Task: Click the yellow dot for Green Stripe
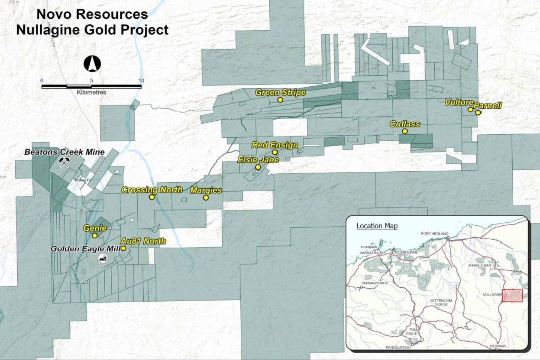pos(280,100)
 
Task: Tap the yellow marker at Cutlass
pos(405,131)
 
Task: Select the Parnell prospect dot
pos(478,112)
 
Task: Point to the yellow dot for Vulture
pos(470,109)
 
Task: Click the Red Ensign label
pos(275,145)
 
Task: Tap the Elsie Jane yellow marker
pos(258,167)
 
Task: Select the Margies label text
pos(206,190)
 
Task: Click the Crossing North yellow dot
pos(152,197)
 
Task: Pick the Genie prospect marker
pos(95,235)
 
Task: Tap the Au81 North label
pos(143,241)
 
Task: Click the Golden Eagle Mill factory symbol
pos(103,258)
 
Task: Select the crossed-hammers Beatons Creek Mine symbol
pos(64,162)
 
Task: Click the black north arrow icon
pos(92,64)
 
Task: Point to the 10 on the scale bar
pos(141,81)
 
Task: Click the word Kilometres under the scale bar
pos(91,92)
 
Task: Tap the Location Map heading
pos(376,226)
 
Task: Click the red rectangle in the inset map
pos(512,295)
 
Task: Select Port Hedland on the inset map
pos(434,234)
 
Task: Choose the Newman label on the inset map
pos(498,346)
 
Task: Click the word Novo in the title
pos(53,14)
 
